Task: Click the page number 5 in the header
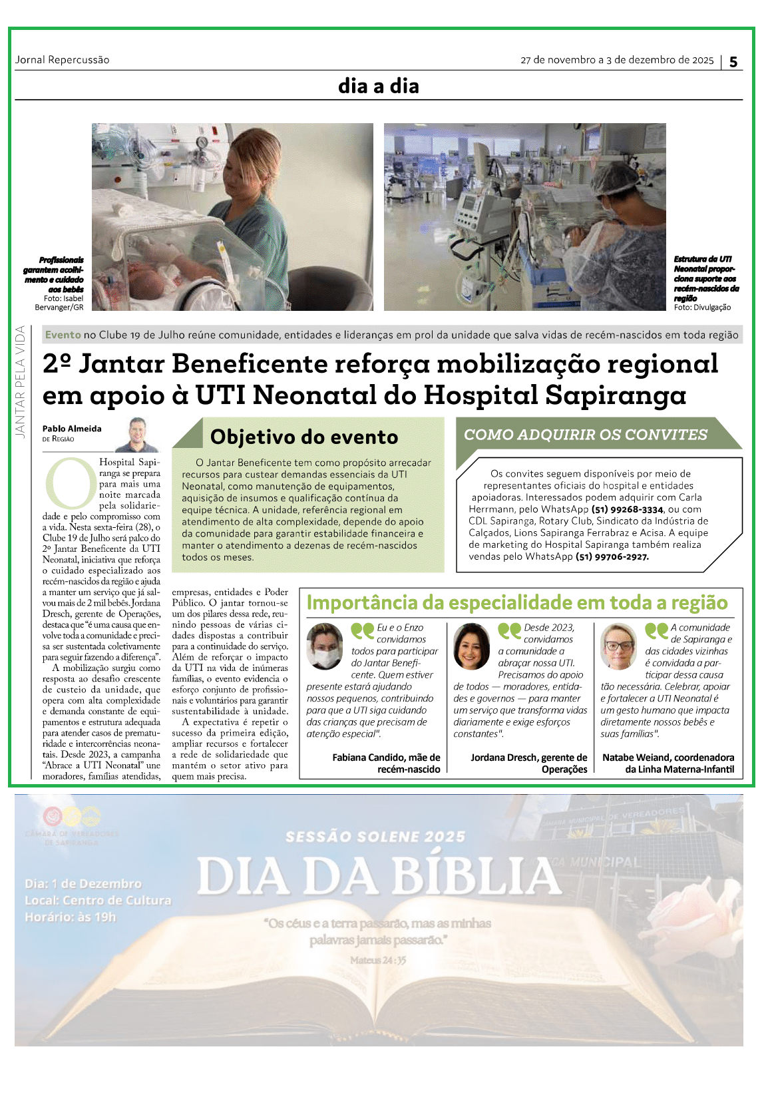(733, 62)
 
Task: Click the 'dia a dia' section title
(378, 86)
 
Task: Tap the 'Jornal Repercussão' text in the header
(62, 60)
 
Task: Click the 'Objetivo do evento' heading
(304, 437)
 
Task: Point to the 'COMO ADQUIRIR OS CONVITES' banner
(585, 435)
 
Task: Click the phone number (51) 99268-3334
(628, 509)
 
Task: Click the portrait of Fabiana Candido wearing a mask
(325, 646)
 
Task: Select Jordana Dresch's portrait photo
(471, 646)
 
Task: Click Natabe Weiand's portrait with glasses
(619, 646)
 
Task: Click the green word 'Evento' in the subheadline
(63, 335)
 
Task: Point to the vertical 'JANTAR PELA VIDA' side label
(20, 381)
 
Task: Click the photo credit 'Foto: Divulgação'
(702, 308)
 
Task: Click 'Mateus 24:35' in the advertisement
(378, 960)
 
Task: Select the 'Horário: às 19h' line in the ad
(71, 917)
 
